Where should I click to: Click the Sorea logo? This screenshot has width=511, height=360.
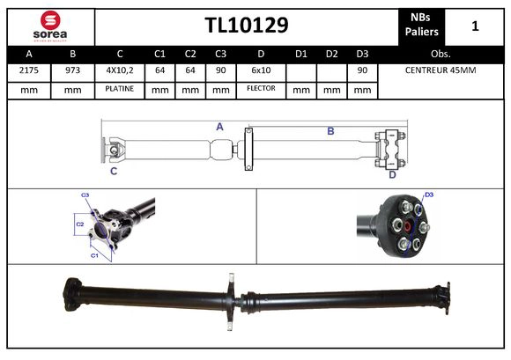(48, 26)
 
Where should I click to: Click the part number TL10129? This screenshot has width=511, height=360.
(246, 26)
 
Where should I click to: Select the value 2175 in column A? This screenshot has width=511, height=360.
(28, 70)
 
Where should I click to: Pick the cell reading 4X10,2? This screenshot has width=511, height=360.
(120, 70)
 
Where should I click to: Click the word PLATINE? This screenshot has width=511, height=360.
(120, 89)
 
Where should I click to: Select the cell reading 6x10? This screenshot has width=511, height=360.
(261, 70)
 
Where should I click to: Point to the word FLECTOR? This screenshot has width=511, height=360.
(261, 89)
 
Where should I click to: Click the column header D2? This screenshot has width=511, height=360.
(331, 52)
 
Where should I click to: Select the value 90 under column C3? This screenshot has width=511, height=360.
(220, 70)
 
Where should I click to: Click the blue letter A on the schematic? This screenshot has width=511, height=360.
(219, 127)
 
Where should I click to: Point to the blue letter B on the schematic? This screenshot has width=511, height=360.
(330, 131)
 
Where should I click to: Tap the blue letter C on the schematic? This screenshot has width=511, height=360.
(113, 171)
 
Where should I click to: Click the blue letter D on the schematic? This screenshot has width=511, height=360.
(392, 174)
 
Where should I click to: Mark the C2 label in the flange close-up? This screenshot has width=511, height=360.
(79, 224)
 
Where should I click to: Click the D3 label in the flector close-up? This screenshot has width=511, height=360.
(429, 195)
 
